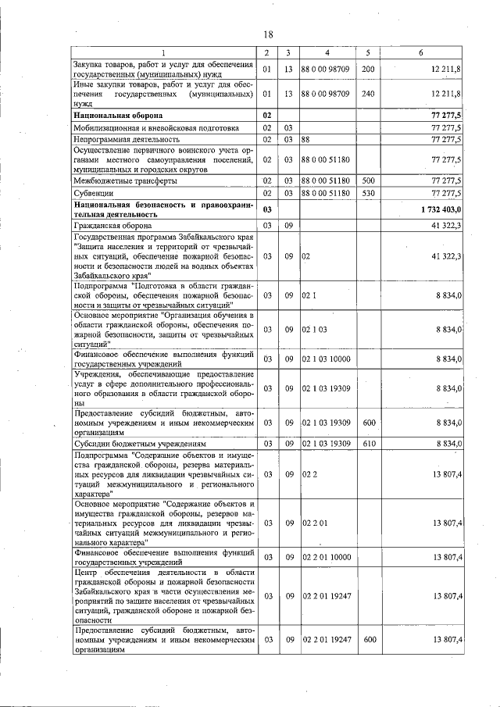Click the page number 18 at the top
click(x=267, y=34)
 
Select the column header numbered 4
click(x=327, y=52)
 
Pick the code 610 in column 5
click(x=367, y=443)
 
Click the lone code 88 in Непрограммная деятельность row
click(x=306, y=140)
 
